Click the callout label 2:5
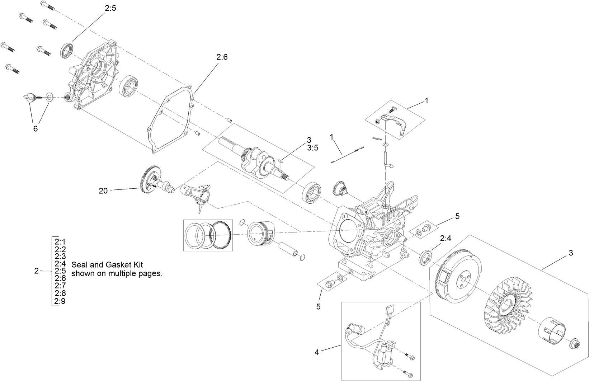pos(110,8)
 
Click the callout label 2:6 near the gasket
pos(222,57)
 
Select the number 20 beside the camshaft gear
pos(103,191)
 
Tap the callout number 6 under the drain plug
pos(35,128)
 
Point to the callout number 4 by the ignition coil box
pos(316,352)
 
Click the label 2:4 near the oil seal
pos(446,238)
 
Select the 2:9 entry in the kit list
pos(60,301)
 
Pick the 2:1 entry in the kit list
pos(60,242)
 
